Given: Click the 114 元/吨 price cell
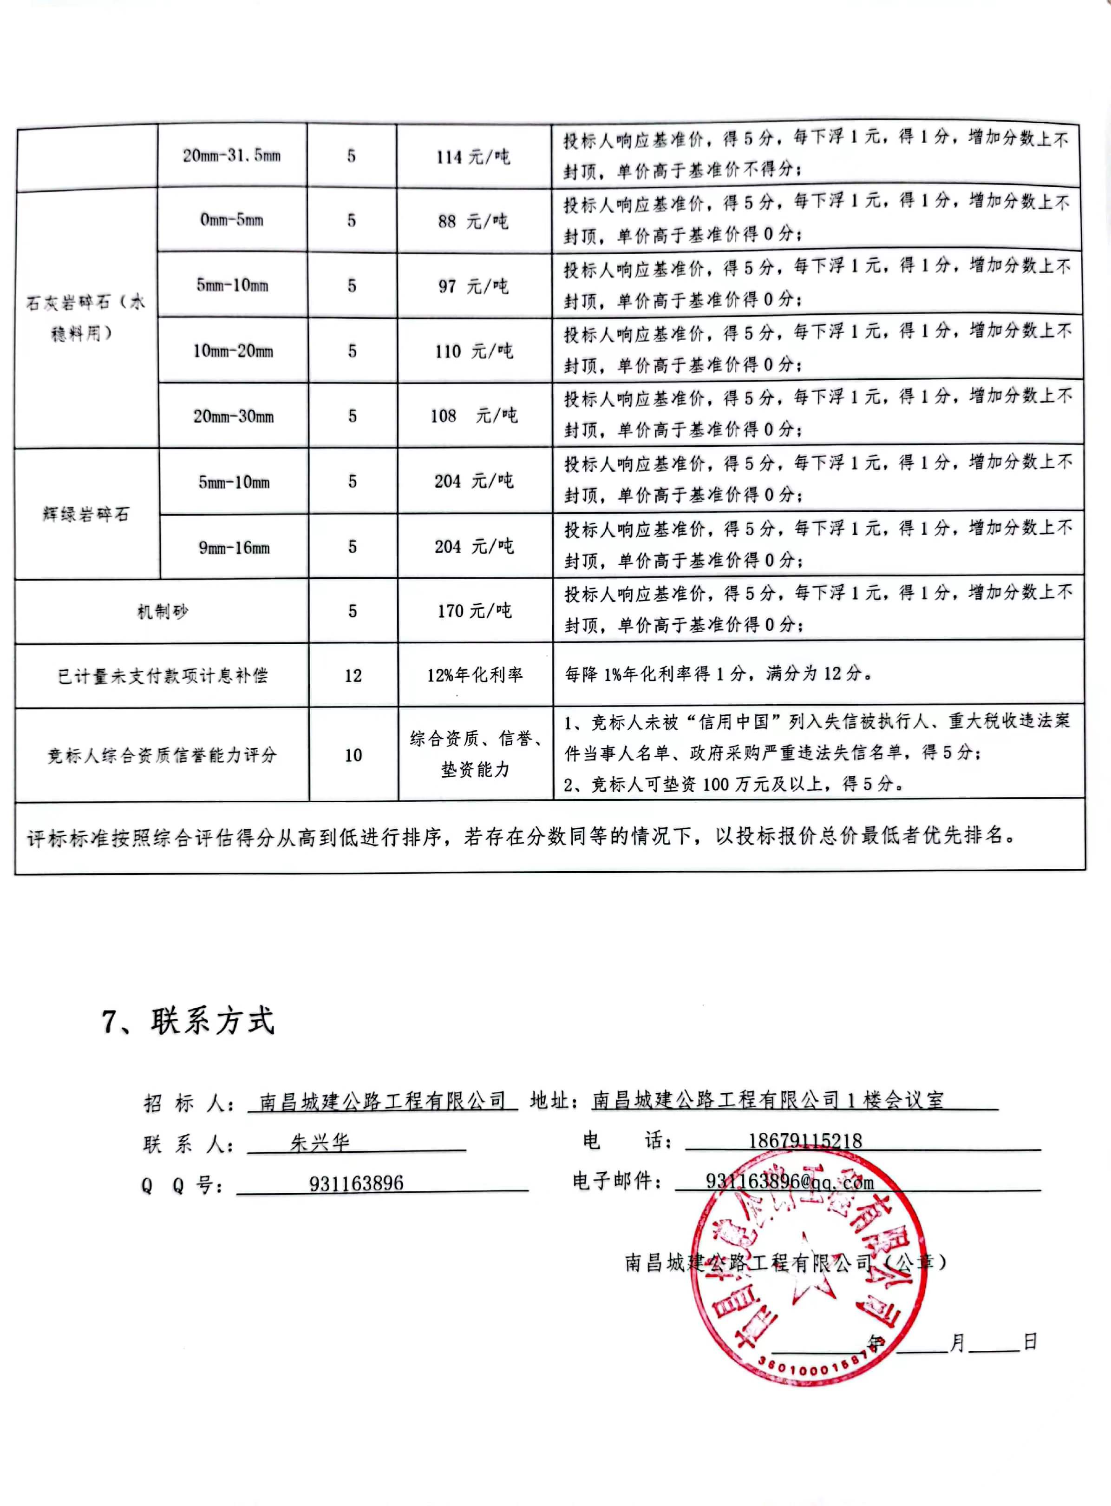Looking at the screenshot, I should [473, 157].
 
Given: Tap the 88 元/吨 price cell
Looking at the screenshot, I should [473, 221].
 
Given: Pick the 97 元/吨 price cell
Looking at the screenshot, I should [473, 286].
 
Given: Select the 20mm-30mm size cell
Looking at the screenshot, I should [233, 416].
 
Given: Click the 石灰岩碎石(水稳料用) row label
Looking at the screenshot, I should [85, 317].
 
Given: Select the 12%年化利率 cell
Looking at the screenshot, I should [475, 675].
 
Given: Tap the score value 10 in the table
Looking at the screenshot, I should [353, 755].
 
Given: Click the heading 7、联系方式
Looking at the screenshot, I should [188, 1021].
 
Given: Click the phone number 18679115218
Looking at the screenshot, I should [805, 1141].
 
